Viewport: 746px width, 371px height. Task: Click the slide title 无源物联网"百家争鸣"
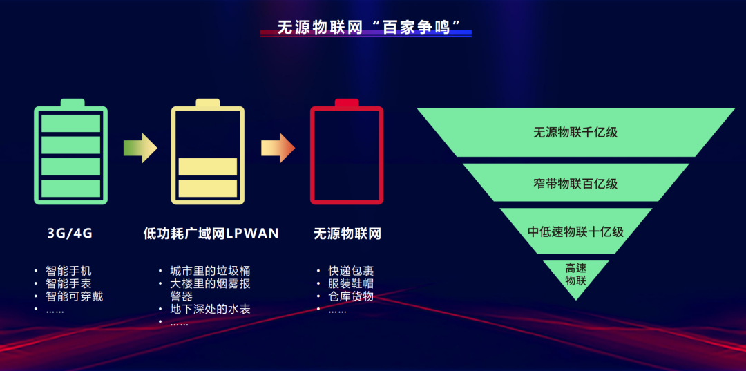pos(365,28)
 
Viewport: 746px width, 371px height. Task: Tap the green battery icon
pos(70,153)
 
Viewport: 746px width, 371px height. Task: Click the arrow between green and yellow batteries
pos(140,148)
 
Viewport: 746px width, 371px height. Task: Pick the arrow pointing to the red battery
pos(278,148)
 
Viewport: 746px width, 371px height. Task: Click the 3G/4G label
pos(70,234)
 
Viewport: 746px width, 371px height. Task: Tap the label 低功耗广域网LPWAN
pos(211,234)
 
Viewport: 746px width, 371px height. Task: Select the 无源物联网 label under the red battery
pos(347,234)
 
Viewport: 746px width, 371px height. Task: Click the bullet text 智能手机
pos(68,271)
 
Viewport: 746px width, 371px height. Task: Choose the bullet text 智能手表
pos(68,283)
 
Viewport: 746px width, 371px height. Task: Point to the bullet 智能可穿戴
pos(75,296)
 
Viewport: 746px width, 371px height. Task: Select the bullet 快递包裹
pos(351,271)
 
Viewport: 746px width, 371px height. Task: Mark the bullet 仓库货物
pos(351,296)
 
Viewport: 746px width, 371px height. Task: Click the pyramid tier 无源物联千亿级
pos(575,132)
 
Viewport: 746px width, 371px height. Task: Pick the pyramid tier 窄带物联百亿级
pos(575,184)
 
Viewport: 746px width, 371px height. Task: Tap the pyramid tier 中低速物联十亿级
pos(575,231)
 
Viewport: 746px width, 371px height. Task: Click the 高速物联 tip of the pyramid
pos(575,274)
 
